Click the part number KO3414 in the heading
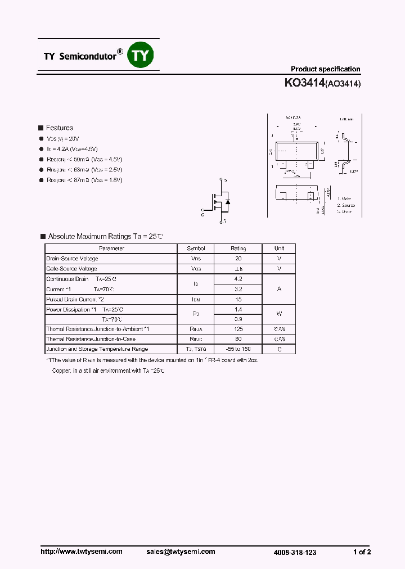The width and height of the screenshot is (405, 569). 304,83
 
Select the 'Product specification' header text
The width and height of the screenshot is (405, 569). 325,69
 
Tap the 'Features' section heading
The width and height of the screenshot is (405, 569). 59,128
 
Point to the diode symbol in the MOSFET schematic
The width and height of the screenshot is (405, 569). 227,201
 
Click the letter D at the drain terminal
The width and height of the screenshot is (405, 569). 226,180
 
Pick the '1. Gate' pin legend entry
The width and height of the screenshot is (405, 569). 344,198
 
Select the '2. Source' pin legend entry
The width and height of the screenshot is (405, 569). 346,205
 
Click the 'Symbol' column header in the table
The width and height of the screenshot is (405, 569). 196,249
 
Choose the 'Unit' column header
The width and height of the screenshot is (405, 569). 279,249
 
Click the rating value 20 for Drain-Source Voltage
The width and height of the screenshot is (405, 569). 238,259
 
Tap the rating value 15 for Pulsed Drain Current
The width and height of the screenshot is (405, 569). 238,299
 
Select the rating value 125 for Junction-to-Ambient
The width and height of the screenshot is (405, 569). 238,329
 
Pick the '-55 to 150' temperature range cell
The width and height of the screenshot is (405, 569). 238,349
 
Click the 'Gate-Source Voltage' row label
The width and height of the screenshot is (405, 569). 71,269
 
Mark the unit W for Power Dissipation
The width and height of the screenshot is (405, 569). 279,314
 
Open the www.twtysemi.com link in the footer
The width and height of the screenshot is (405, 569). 82,552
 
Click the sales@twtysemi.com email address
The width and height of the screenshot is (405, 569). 180,552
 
